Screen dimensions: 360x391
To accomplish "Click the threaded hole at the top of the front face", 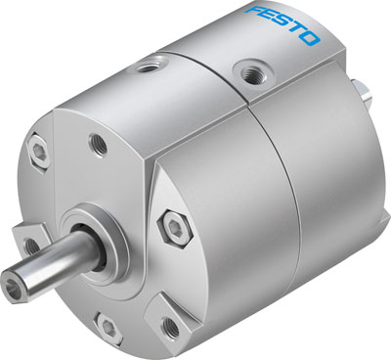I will [x=98, y=143].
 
